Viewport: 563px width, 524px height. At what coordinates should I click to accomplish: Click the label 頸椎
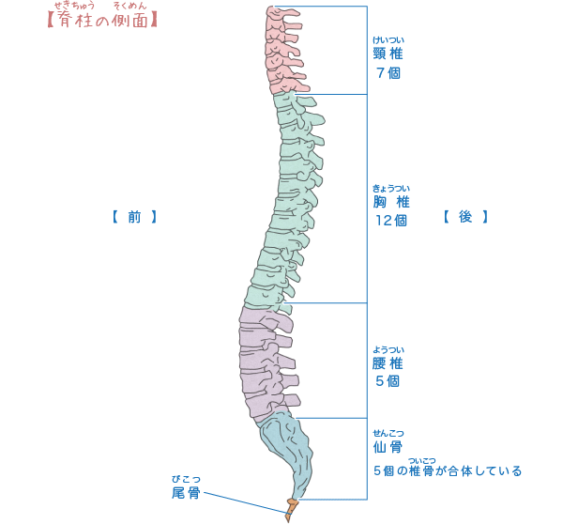(388, 54)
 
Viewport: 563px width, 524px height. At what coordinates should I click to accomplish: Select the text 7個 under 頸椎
(388, 73)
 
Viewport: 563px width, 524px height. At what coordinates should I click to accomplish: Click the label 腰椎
(388, 362)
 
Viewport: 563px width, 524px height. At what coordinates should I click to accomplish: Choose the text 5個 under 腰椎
(388, 381)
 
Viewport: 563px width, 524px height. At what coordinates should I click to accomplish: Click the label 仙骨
(388, 447)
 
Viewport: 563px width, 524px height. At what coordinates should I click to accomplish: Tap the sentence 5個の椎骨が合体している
(448, 470)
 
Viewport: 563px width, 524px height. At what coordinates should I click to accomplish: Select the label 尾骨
(185, 493)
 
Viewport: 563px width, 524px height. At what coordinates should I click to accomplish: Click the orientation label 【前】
(133, 217)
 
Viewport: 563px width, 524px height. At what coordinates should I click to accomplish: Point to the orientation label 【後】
(465, 217)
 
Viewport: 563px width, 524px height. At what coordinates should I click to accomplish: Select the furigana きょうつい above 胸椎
(390, 188)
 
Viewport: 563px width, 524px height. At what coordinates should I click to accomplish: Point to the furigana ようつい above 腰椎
(388, 348)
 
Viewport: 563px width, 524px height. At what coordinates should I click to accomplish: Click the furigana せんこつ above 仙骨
(388, 432)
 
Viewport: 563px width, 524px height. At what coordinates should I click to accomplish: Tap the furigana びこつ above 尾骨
(185, 479)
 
